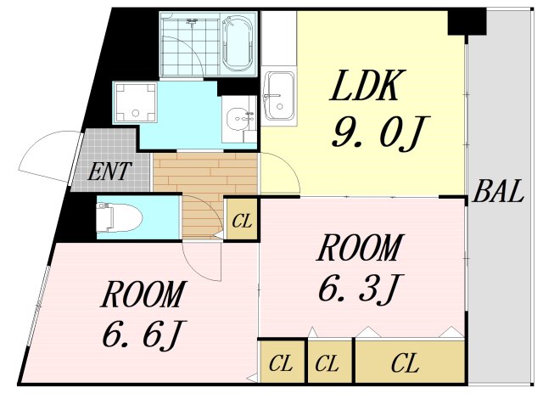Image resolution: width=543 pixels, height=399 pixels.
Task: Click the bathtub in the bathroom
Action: click(x=238, y=42)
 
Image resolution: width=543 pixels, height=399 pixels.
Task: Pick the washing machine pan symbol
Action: click(x=136, y=101)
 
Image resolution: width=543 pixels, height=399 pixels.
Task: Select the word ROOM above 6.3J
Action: click(x=358, y=249)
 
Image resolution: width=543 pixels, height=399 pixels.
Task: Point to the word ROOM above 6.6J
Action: click(x=142, y=295)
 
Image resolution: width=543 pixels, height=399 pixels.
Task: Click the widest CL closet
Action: click(x=406, y=364)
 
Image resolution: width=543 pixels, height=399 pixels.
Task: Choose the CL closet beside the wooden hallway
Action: click(x=242, y=222)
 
